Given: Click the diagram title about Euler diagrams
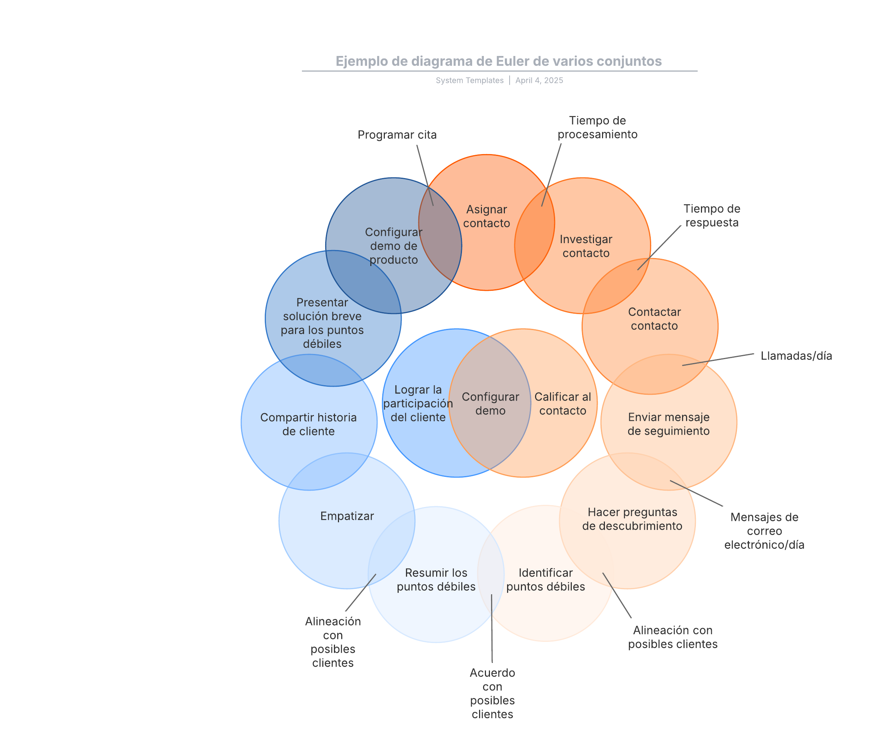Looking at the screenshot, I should click(498, 61).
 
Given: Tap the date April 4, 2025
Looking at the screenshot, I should click(539, 81).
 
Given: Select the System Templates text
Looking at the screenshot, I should click(469, 81).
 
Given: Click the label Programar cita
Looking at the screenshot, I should click(397, 135).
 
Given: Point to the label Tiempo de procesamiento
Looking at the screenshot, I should click(597, 128).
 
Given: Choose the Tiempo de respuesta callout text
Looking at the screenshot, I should click(712, 216).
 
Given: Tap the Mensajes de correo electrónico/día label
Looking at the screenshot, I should click(764, 531).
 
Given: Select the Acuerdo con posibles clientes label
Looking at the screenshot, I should click(492, 693).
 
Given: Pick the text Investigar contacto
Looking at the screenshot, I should click(586, 246).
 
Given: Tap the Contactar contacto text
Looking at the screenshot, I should click(654, 319).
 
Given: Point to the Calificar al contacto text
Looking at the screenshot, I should click(562, 404).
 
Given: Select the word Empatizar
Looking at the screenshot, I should click(347, 516).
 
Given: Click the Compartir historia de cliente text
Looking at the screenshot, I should click(308, 425).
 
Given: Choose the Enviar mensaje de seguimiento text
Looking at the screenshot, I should click(669, 424).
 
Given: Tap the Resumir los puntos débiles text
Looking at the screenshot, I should click(436, 580).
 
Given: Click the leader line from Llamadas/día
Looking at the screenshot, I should click(718, 360).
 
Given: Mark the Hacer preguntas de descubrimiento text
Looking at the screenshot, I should click(632, 519).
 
